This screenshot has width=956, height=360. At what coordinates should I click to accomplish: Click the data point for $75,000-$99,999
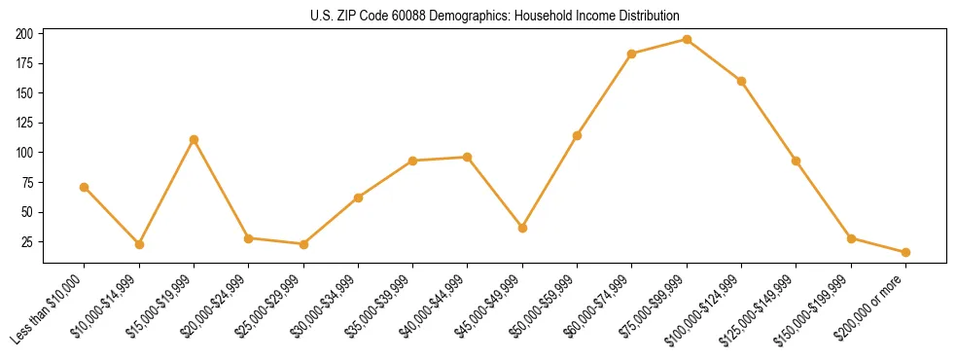pos(687,40)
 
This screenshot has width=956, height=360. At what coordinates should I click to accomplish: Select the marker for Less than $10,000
pos(85,187)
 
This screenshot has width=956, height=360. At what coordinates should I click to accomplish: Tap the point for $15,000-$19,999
pos(194,139)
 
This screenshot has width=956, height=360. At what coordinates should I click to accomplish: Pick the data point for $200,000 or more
pos(905,252)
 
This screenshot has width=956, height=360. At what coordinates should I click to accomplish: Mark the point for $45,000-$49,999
pos(522,228)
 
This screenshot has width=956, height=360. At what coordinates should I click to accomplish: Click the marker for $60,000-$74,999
pos(632,54)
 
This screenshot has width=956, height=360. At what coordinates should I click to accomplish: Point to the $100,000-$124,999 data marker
pos(741,81)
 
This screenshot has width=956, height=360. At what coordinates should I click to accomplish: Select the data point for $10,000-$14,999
pos(139,244)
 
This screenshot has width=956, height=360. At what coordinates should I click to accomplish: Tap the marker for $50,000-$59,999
pos(577,135)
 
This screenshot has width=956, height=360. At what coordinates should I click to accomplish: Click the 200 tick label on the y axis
pos(25,34)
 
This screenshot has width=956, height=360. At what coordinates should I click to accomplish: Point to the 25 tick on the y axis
pos(28,241)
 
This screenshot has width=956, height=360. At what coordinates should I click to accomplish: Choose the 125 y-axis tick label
pos(25,123)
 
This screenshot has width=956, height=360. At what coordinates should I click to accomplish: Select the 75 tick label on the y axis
pos(28,182)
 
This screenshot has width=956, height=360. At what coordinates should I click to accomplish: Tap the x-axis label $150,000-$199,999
pos(819,306)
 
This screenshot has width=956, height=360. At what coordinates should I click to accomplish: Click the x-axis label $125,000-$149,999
pos(764,306)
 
